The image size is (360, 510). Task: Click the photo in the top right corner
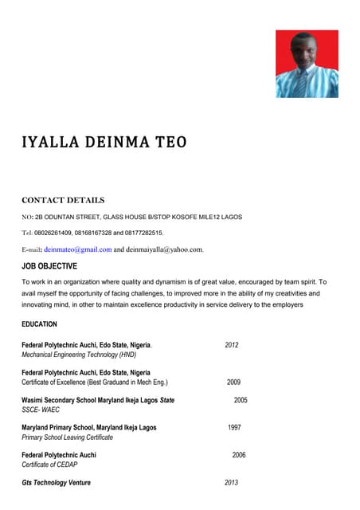tap(307, 64)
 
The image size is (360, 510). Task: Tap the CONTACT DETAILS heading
tap(63, 200)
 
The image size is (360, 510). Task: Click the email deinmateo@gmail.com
tap(77, 249)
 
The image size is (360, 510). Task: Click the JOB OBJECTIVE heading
tap(49, 266)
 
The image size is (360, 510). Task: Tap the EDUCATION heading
tap(39, 324)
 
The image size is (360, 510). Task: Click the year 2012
tap(232, 345)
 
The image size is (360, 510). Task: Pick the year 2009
tap(233, 382)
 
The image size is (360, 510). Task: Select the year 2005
tap(241, 400)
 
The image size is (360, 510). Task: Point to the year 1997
tap(234, 428)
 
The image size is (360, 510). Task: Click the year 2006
tap(239, 455)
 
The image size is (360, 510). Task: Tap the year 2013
tap(232, 483)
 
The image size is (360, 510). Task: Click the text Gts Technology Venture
tap(56, 483)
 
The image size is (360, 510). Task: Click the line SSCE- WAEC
tap(41, 410)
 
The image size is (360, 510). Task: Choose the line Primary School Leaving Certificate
tap(67, 437)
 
